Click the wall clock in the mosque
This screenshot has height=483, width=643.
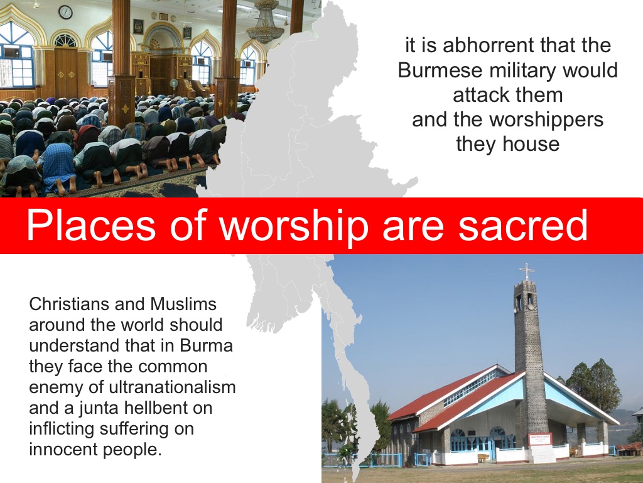click(x=65, y=12)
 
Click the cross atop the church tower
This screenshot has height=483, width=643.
click(x=527, y=272)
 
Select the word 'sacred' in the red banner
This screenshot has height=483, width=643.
click(x=523, y=225)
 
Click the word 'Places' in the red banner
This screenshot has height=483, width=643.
click(x=91, y=225)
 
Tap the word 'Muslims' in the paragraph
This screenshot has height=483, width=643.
click(x=183, y=304)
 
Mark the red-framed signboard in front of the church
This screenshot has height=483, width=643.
click(x=540, y=439)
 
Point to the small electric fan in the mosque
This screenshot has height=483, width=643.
click(x=174, y=84)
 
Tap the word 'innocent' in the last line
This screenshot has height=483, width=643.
click(x=63, y=449)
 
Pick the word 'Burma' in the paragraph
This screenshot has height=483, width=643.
click(x=206, y=345)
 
